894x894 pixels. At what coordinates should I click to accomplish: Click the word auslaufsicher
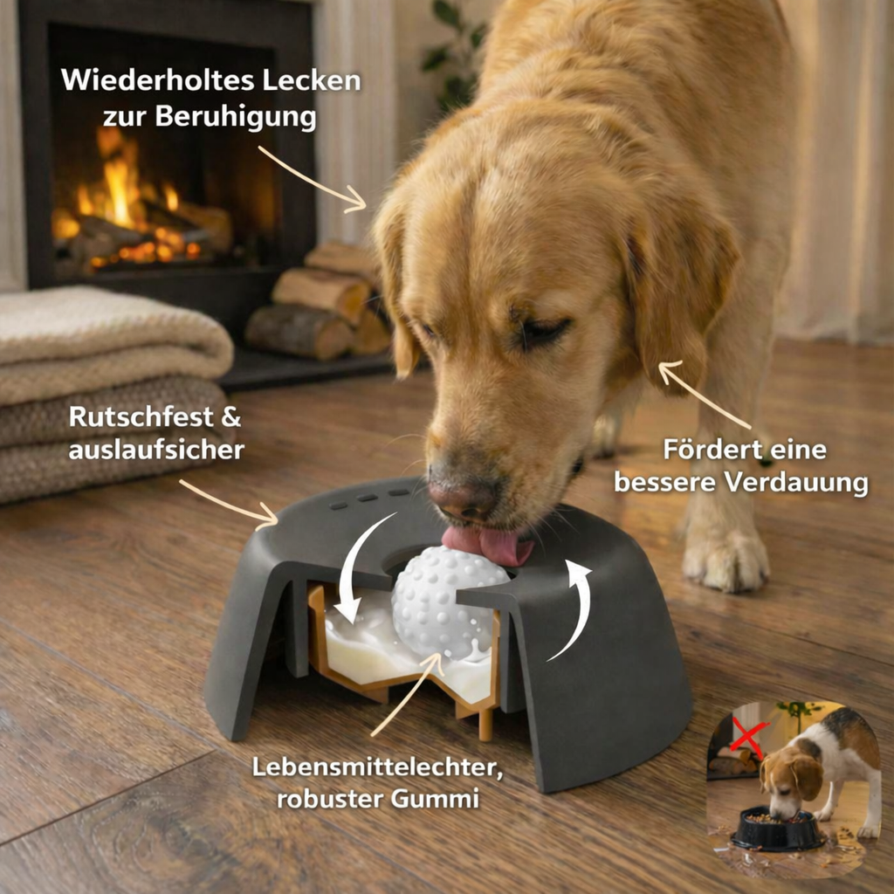pyautogui.click(x=155, y=450)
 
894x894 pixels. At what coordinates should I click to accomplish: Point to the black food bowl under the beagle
pyautogui.click(x=777, y=829)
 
